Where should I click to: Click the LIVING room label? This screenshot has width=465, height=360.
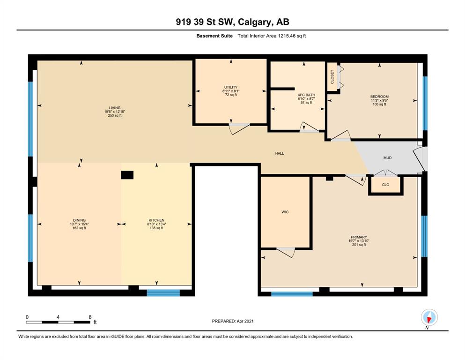click(114, 108)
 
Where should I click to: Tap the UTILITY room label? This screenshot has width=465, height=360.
click(231, 87)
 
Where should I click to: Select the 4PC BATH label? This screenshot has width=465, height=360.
click(306, 95)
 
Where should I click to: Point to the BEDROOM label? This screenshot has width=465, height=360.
click(379, 97)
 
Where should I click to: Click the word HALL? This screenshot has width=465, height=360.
click(280, 153)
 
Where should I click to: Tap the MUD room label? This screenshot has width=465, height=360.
click(387, 158)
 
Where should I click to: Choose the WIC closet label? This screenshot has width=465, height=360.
click(285, 212)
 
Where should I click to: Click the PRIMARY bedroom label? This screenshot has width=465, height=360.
click(359, 237)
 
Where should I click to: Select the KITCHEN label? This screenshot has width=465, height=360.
click(156, 220)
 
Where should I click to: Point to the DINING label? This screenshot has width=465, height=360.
click(79, 220)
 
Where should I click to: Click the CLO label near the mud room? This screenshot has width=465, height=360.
click(385, 185)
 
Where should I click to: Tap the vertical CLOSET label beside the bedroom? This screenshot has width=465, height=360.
click(332, 76)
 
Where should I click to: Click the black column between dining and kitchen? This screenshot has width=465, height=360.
click(127, 175)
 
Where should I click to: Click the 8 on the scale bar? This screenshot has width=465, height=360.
click(90, 317)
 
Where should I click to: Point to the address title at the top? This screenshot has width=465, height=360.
click(232, 22)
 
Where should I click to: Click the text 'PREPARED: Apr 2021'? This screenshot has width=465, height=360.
click(233, 321)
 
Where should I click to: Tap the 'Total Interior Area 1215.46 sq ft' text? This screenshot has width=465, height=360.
click(272, 36)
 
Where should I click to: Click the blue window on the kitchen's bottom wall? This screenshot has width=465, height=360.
click(163, 293)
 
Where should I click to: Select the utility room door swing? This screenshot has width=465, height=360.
click(239, 129)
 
